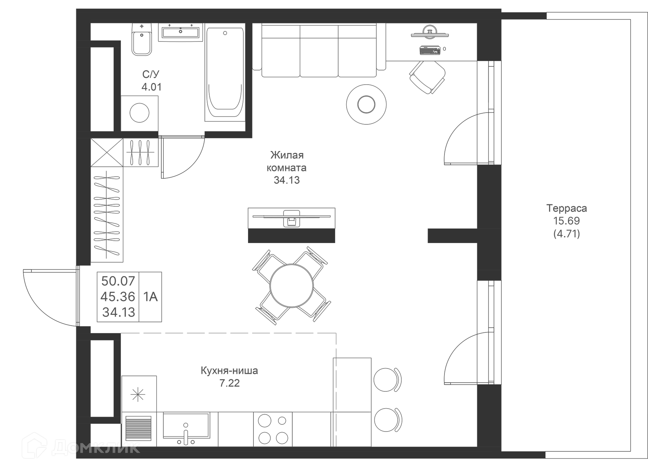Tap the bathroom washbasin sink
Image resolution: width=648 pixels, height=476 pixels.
point(181,32)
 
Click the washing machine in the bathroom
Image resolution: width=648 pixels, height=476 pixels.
point(139,113)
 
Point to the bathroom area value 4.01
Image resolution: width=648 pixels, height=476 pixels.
point(152,87)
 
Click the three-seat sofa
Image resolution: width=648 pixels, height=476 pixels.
point(319,51)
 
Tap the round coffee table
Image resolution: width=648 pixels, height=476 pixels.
point(366,104)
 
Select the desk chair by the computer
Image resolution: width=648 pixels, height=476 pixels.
point(427,77)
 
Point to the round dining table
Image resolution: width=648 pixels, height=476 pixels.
point(292,286)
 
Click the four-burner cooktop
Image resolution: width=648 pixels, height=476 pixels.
point(273,429)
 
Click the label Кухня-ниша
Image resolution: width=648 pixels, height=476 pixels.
point(229,370)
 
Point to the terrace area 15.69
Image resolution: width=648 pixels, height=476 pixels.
point(566,221)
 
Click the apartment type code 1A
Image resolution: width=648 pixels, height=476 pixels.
point(151,297)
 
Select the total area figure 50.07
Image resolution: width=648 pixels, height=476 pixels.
point(118,281)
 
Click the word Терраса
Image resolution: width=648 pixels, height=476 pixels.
point(566,208)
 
